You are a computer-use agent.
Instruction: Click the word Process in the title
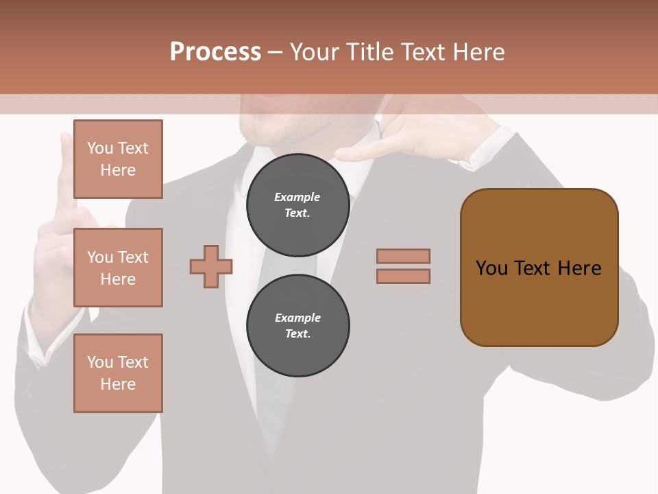tap(215, 52)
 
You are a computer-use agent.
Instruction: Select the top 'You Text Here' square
tap(118, 159)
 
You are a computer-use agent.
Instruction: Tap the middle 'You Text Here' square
tap(118, 268)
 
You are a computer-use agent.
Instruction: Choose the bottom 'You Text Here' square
tap(118, 373)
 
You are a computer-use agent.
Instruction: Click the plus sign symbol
tap(211, 267)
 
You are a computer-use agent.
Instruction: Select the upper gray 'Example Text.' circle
tap(297, 204)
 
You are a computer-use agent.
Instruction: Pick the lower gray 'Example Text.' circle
tap(297, 325)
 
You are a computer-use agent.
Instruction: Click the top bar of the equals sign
tap(403, 256)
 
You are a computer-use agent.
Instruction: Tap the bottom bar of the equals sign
tap(403, 276)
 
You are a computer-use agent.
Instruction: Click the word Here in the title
tap(478, 52)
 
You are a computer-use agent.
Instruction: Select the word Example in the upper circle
tap(297, 197)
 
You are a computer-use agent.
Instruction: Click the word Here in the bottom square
tap(118, 384)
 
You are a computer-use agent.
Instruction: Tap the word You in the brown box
tap(491, 268)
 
